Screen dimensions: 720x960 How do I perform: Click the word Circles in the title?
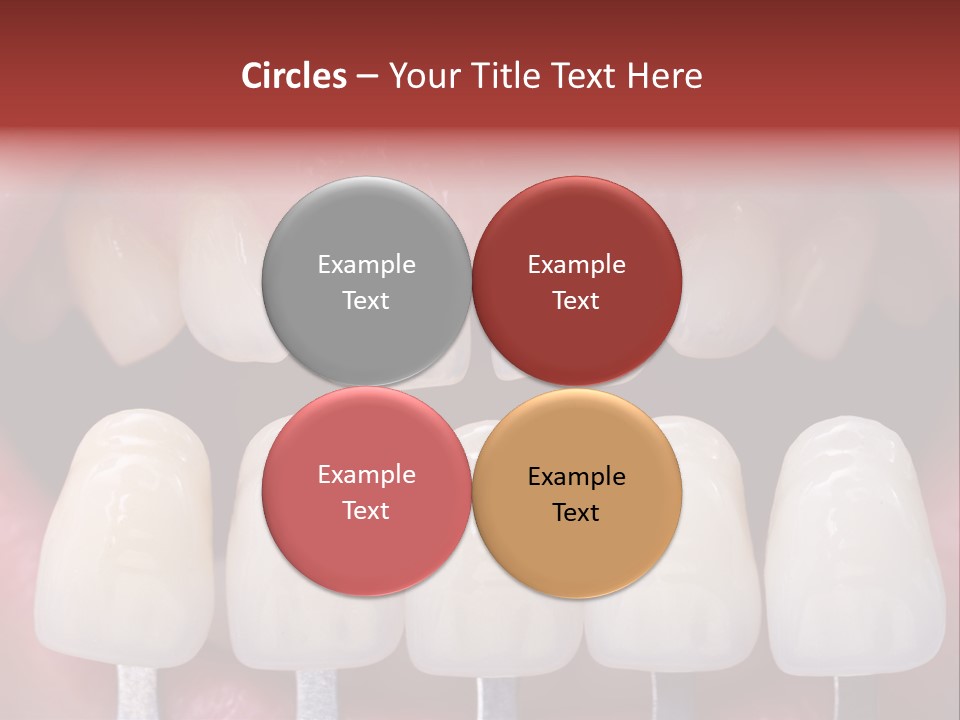click(293, 76)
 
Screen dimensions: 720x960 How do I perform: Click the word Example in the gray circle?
click(366, 264)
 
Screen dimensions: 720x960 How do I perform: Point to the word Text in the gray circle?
click(366, 300)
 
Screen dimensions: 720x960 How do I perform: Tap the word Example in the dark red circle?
click(576, 264)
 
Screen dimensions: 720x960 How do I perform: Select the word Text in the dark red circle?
click(576, 300)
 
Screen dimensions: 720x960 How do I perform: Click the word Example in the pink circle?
click(366, 474)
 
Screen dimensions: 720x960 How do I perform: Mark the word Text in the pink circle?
click(366, 510)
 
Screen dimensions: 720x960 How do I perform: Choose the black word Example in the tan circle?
click(576, 476)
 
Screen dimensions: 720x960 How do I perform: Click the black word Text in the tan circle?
click(576, 512)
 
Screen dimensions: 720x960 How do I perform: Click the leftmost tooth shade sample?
click(125, 540)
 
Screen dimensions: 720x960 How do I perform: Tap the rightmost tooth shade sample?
click(855, 540)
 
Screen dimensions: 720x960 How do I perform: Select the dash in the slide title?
click(367, 77)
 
